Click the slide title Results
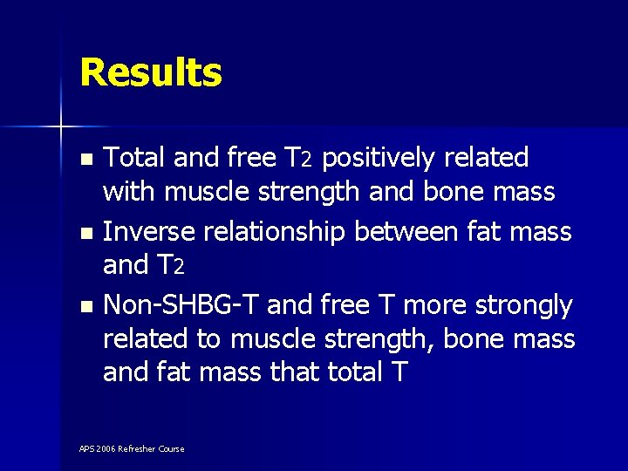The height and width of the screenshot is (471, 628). coord(151,72)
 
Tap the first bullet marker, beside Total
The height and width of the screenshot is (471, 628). coord(85,160)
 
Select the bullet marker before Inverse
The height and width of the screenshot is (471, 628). coord(85,234)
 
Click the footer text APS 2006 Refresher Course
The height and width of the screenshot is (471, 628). coord(132,448)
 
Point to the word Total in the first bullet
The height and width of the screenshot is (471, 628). coord(135,158)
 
